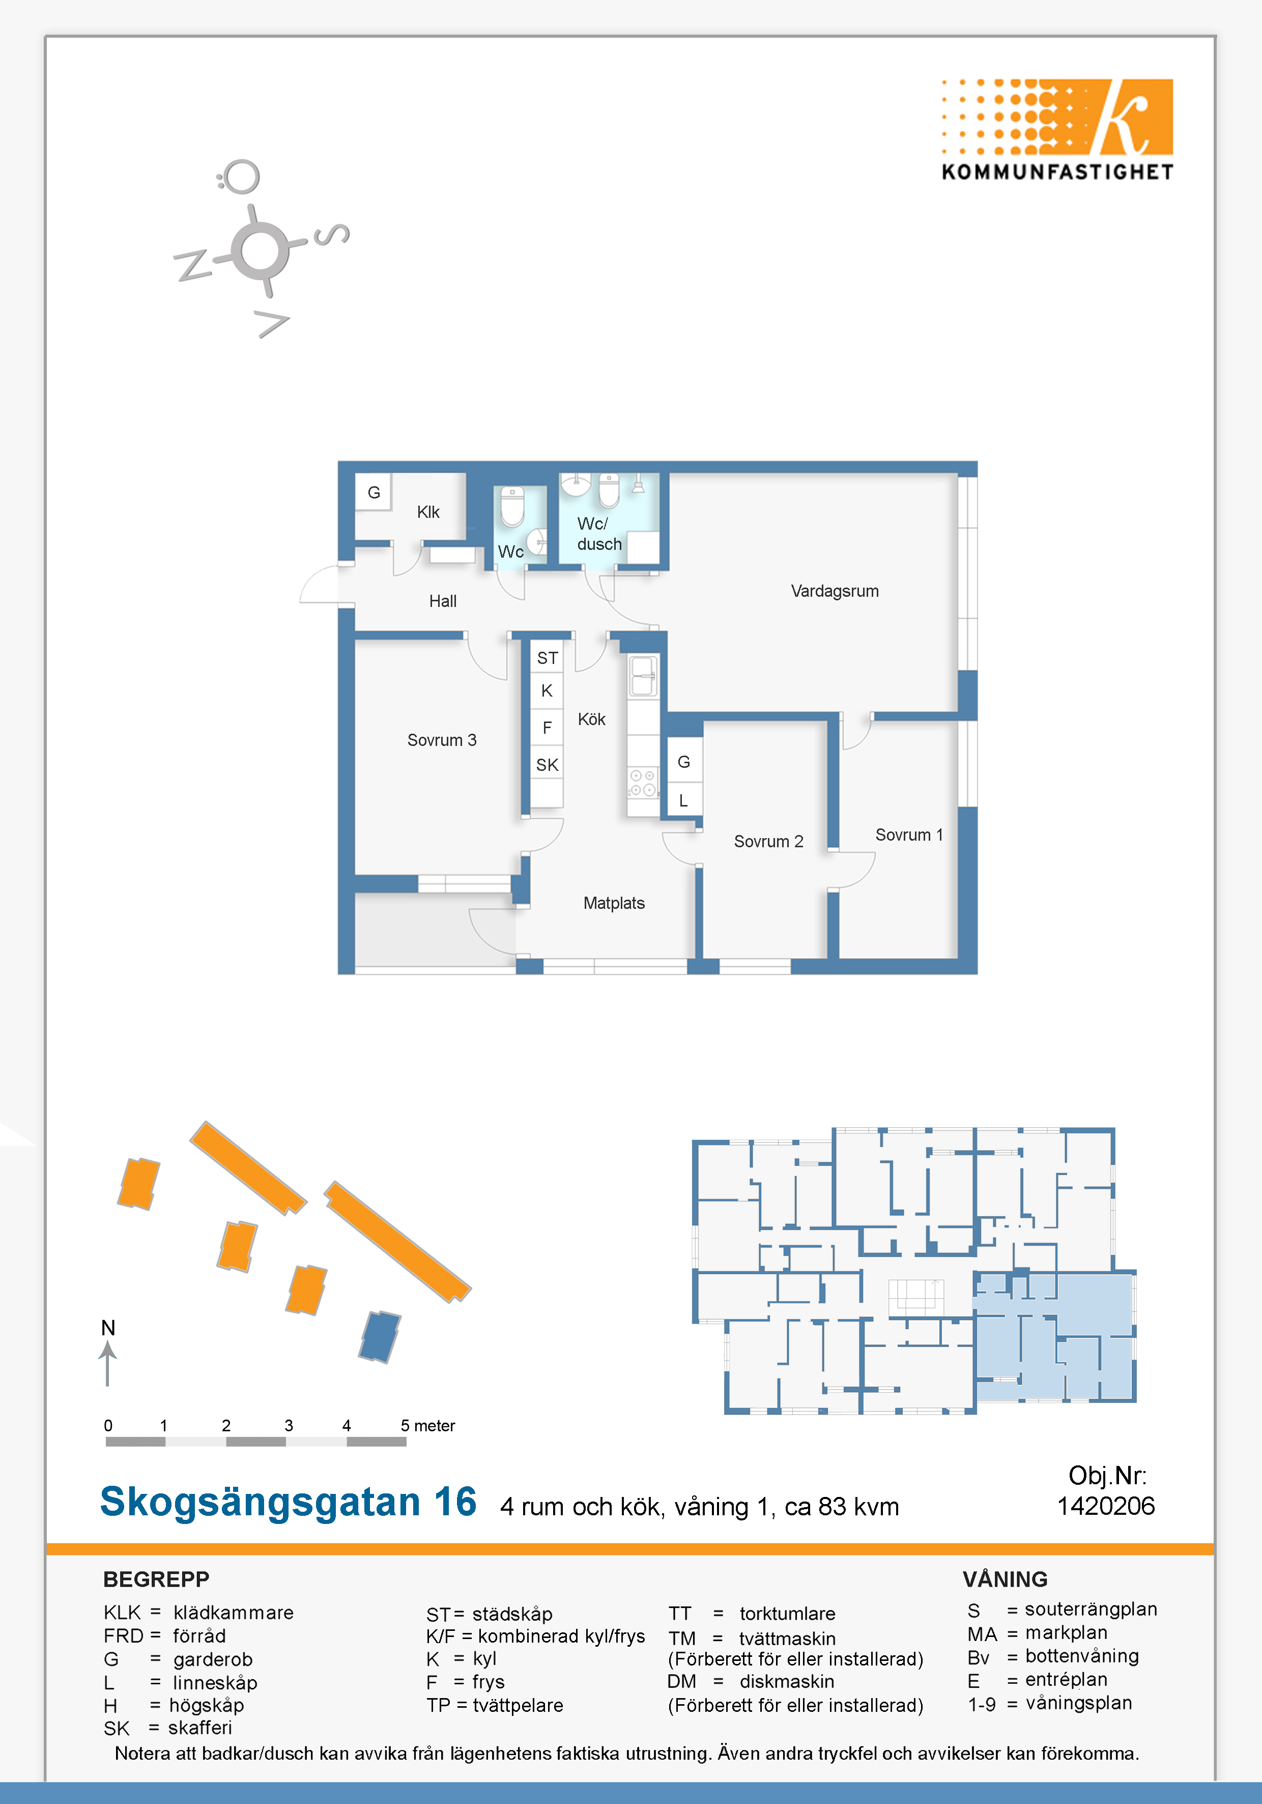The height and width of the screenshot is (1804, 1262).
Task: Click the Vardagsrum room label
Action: [x=834, y=591]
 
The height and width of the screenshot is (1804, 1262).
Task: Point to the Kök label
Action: [x=591, y=719]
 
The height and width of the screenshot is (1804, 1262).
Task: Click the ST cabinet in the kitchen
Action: [x=548, y=658]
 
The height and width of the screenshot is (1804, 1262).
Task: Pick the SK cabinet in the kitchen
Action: [x=548, y=764]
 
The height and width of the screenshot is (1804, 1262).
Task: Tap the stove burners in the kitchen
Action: [x=642, y=783]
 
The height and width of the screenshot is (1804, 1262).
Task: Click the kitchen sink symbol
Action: [x=642, y=676]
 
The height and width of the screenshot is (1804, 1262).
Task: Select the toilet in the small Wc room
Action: [x=512, y=507]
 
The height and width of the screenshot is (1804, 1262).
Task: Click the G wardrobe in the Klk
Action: [x=374, y=493]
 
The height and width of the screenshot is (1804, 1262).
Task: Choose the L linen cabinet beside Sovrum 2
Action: [x=683, y=800]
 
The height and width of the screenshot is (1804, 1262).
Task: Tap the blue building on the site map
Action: [x=379, y=1337]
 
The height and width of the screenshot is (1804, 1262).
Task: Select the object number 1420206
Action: [x=1106, y=1506]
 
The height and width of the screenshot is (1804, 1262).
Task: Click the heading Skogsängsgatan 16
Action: [x=288, y=1502]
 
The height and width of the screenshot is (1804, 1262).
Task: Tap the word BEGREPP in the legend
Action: [x=156, y=1579]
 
